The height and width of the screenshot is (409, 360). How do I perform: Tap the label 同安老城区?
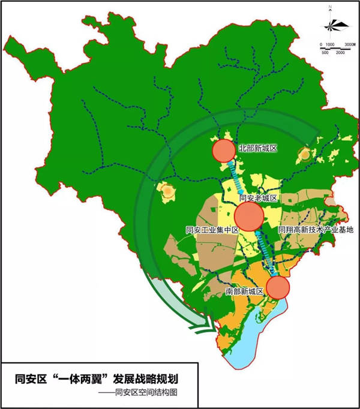(x=257, y=198)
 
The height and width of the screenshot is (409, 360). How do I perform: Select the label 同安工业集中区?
(x=213, y=230)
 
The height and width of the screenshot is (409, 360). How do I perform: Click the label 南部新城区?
(x=245, y=291)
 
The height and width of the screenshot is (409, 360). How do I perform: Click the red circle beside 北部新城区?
(x=224, y=150)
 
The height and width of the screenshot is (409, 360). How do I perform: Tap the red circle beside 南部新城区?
(x=278, y=287)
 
